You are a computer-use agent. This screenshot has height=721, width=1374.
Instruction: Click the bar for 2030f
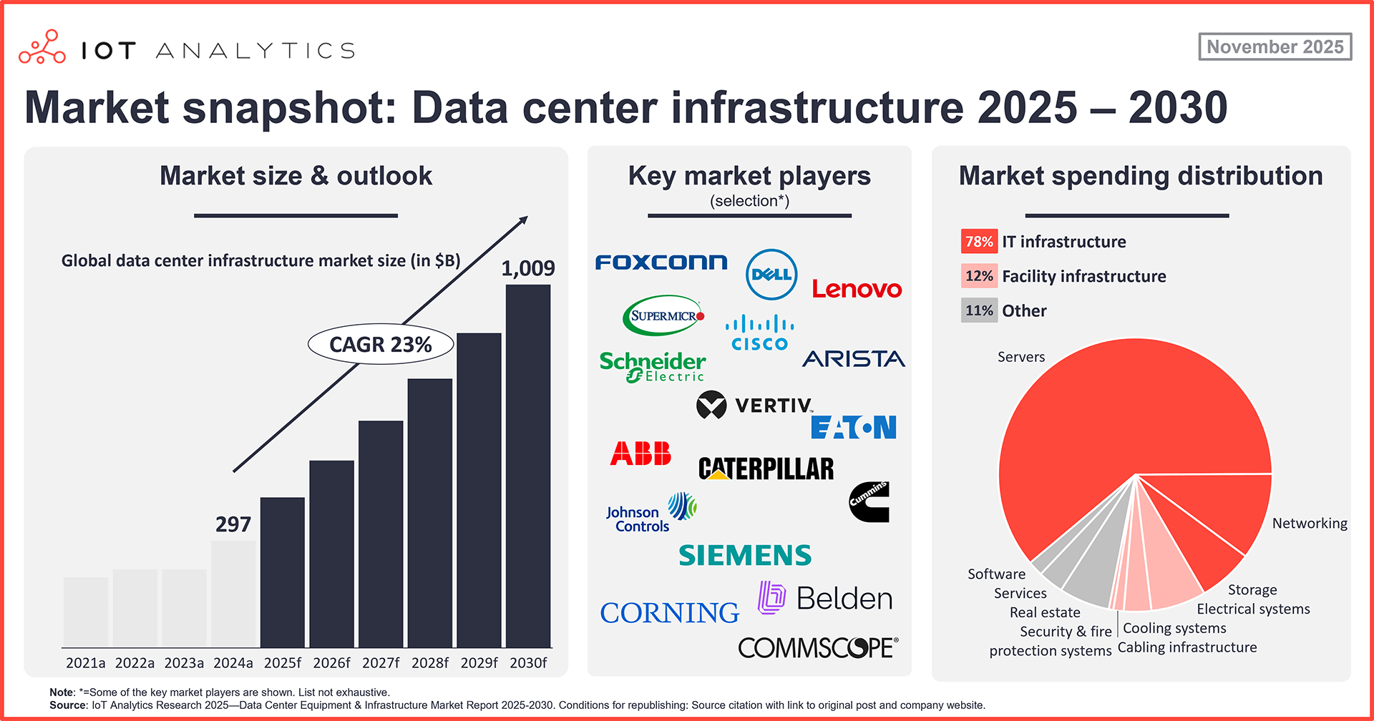[x=528, y=465]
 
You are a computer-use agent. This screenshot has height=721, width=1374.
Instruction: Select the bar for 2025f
[x=283, y=572]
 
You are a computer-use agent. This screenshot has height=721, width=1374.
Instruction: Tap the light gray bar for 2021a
[x=86, y=612]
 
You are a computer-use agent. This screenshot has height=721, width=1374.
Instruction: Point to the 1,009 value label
[x=528, y=268]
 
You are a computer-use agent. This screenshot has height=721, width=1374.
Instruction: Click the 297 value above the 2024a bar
[x=233, y=524]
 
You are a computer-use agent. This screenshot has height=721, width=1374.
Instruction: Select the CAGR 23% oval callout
[x=381, y=344]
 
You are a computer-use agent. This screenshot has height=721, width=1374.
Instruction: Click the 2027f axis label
[x=381, y=663]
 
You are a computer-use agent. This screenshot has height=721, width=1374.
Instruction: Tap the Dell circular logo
[x=771, y=275]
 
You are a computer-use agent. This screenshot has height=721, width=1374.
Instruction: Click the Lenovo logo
[x=857, y=289]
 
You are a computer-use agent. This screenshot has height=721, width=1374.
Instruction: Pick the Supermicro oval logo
[x=664, y=315]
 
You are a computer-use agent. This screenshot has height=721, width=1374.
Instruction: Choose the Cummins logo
[x=869, y=501]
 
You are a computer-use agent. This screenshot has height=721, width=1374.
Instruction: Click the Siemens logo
[x=745, y=556]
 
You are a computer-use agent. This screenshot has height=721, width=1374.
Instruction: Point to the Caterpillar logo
[x=766, y=469]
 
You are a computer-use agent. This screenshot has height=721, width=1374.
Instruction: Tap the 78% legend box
[x=978, y=242]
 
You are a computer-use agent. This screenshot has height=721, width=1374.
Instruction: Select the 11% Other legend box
[x=978, y=310]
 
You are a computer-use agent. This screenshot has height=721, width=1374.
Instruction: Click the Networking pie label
[x=1309, y=524]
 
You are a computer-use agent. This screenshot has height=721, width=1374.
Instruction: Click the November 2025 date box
[x=1275, y=46]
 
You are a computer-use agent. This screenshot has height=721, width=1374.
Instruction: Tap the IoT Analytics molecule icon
[x=42, y=47]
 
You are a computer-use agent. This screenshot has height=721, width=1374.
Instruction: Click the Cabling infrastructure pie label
[x=1187, y=647]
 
